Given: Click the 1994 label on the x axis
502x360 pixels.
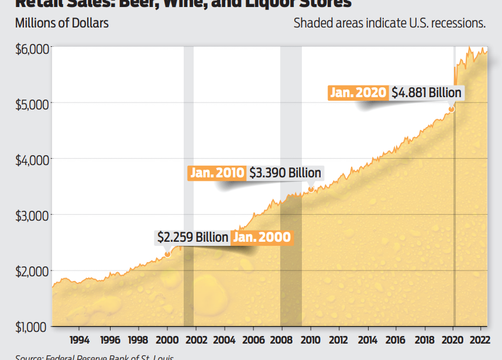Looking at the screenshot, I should tap(80, 339).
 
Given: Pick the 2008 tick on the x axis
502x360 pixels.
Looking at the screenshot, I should tap(281, 339).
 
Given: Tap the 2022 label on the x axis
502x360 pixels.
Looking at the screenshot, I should tap(480, 339).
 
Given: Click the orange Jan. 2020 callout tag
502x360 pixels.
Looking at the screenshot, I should tap(358, 92).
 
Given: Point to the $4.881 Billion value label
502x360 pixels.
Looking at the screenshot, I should tap(427, 92).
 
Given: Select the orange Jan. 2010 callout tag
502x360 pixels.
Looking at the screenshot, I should tap(217, 173).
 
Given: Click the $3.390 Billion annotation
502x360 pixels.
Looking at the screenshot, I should tap(286, 173).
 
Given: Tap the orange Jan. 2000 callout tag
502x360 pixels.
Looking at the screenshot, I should tap(262, 238).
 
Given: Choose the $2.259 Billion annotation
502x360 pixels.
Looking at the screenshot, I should tap(192, 238).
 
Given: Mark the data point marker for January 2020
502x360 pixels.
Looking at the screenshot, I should tap(452, 109).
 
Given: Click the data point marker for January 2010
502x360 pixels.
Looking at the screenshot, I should tap(311, 188).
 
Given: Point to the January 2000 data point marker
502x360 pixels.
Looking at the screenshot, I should tap(167, 254).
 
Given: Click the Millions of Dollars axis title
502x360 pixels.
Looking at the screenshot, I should tap(62, 24).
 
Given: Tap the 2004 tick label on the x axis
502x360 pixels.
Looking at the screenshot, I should tap(224, 339).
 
